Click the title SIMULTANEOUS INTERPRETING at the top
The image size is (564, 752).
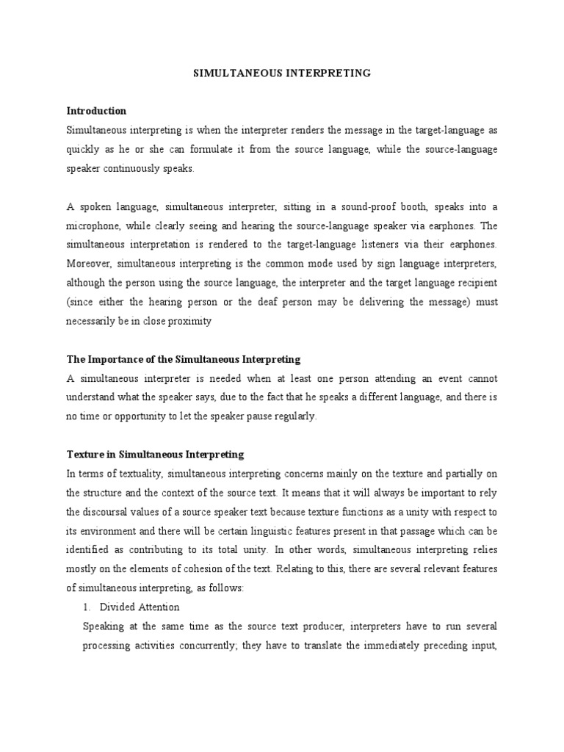(281, 73)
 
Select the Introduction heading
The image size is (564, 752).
(96, 111)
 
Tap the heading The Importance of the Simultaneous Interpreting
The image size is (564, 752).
(184, 359)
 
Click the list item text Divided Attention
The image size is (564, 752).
(140, 607)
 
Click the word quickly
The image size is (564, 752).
(83, 149)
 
